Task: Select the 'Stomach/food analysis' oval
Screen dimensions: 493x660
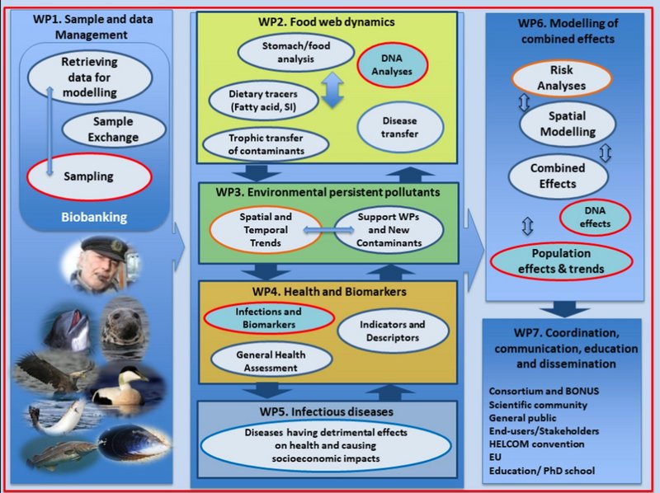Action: [x=285, y=51]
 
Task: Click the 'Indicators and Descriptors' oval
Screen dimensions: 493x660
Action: [x=394, y=331]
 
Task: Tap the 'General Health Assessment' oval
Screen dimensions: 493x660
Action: [x=271, y=359]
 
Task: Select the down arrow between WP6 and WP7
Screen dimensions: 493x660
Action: [x=563, y=307]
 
